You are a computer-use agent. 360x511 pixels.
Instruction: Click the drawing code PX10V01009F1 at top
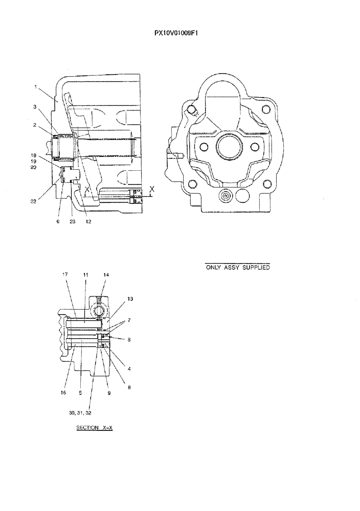click(x=176, y=33)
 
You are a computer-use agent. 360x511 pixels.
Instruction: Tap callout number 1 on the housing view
click(x=35, y=87)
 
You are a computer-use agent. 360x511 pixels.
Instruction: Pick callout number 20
click(x=34, y=167)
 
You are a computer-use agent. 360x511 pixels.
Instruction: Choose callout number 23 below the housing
click(x=72, y=222)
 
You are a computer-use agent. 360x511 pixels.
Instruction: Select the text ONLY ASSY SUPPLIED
click(x=237, y=267)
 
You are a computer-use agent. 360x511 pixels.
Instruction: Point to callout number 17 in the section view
click(x=65, y=274)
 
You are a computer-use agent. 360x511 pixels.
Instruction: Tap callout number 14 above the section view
click(x=106, y=274)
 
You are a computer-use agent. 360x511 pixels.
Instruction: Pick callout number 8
click(x=129, y=339)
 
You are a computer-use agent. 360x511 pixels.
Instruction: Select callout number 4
click(x=129, y=368)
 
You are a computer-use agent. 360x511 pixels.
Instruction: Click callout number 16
click(x=63, y=393)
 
